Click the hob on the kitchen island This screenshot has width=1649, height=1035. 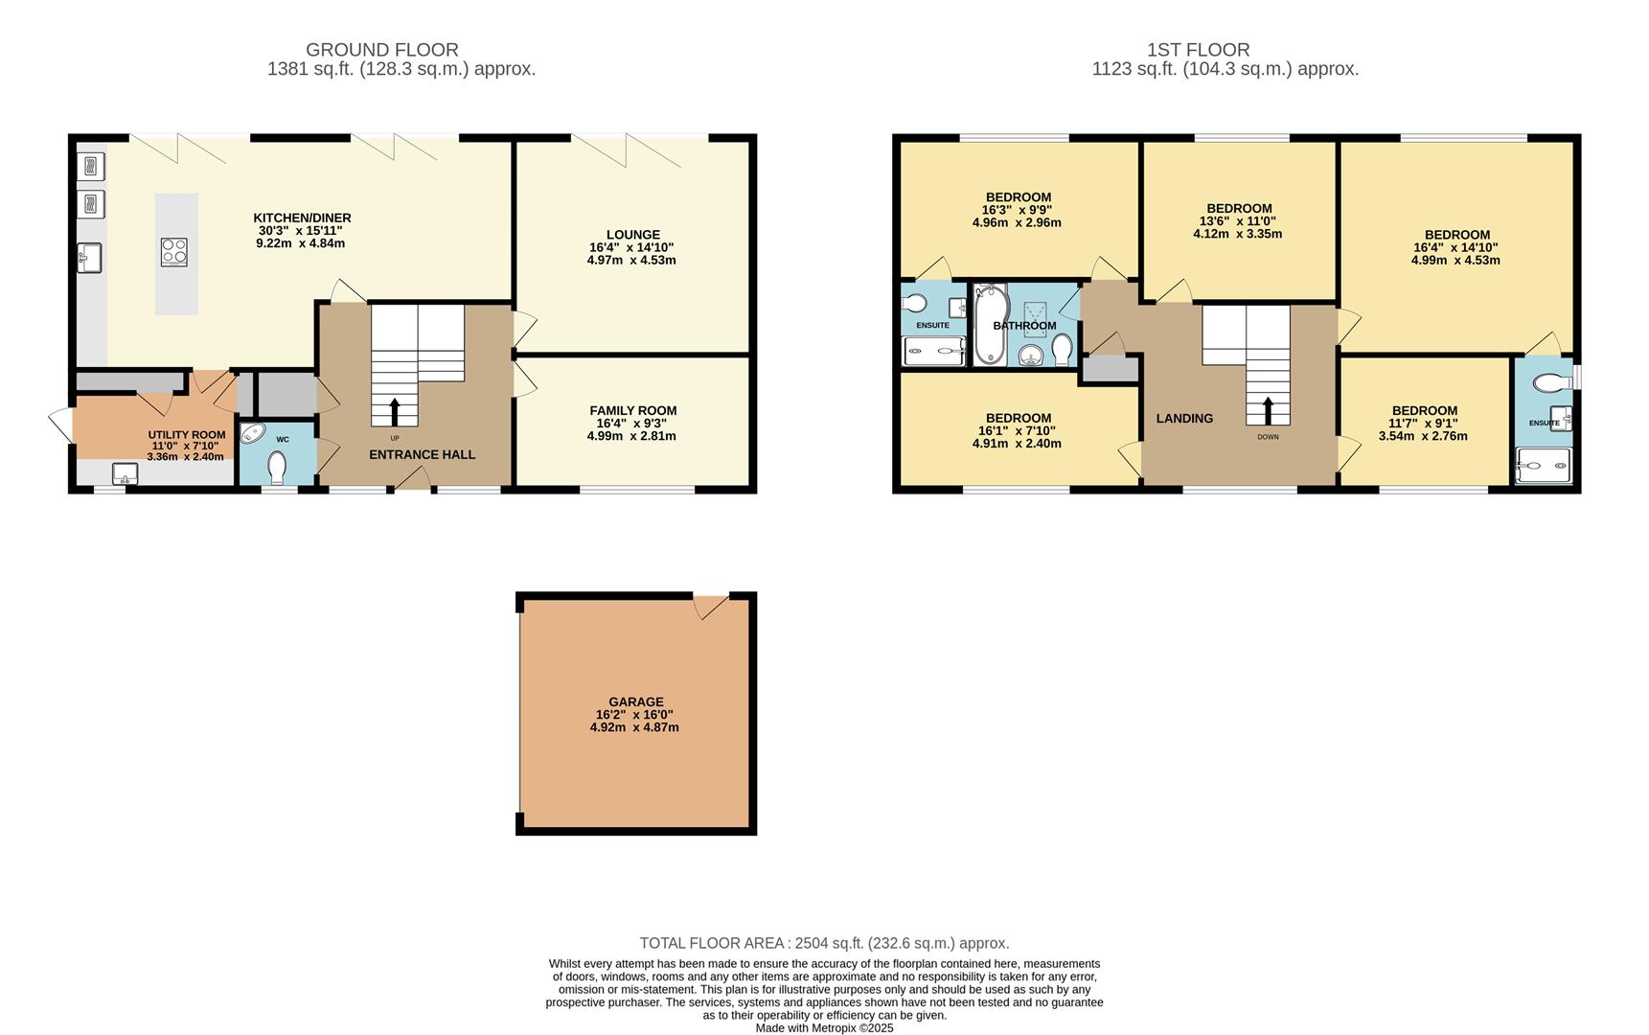[x=174, y=252]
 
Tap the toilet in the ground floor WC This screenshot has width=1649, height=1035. [x=277, y=470]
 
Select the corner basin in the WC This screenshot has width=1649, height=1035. [x=252, y=434]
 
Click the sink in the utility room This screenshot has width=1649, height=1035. [x=126, y=473]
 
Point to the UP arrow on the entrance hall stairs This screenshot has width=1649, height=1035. [x=394, y=412]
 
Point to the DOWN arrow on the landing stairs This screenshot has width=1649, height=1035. [x=1268, y=411]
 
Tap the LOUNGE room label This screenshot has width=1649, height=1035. [x=632, y=235]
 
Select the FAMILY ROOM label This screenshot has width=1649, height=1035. [x=632, y=410]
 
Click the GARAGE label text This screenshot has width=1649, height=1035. [x=635, y=701]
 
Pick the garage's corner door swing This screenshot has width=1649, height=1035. [x=709, y=607]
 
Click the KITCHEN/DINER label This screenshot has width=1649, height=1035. [x=302, y=218]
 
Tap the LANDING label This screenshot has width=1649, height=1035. [x=1184, y=418]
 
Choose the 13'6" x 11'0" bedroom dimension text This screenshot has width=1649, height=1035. [x=1239, y=220]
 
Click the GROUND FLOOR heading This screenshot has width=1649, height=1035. [x=381, y=50]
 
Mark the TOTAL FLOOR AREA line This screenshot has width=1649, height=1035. [x=824, y=943]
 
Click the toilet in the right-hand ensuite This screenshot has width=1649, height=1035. [x=1549, y=383]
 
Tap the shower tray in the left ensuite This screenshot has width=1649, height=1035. [x=933, y=352]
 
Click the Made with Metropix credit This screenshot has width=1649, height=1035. [x=824, y=1027]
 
